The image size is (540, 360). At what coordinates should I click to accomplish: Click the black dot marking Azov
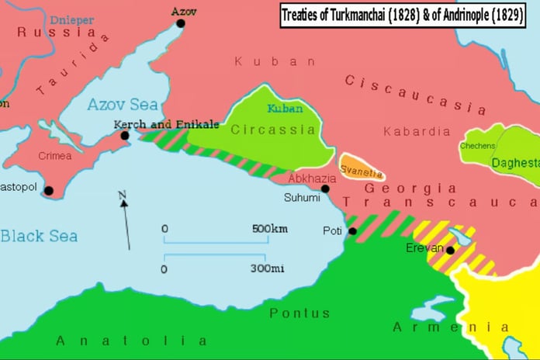(181, 23)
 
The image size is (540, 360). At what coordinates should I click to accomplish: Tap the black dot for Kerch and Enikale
(124, 136)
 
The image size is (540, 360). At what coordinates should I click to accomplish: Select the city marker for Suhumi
(325, 189)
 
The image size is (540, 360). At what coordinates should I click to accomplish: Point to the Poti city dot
(352, 231)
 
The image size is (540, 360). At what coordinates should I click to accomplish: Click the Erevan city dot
(450, 250)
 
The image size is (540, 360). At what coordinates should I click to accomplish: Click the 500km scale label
(269, 230)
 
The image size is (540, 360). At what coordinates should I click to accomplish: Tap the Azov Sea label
(122, 105)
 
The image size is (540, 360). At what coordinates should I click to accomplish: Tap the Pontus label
(299, 313)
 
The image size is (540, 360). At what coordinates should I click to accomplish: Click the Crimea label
(54, 156)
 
